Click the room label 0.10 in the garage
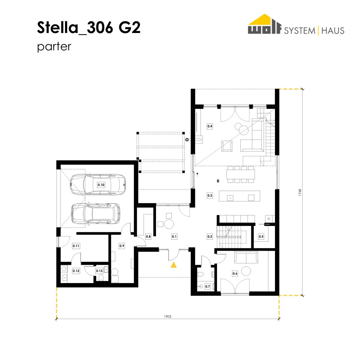(x=101, y=185)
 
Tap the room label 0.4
(x=210, y=126)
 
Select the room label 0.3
(x=210, y=196)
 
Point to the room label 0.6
(x=235, y=273)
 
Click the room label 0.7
(x=208, y=287)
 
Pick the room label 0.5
(x=261, y=236)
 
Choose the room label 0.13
(x=99, y=271)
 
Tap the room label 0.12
(x=76, y=271)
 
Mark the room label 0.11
(x=76, y=246)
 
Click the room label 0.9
(x=122, y=246)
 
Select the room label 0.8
(x=148, y=236)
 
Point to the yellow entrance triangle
(x=174, y=265)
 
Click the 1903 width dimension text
(x=168, y=316)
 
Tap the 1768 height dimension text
(x=300, y=192)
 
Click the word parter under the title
(x=54, y=47)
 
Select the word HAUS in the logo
(x=333, y=31)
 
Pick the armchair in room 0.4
(x=227, y=146)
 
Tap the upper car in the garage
(x=98, y=185)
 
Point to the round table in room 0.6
(x=246, y=271)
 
